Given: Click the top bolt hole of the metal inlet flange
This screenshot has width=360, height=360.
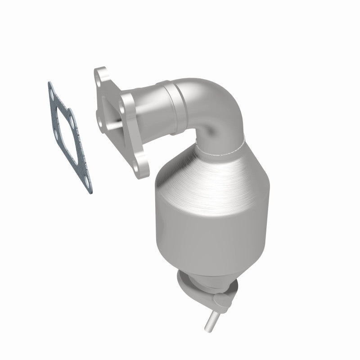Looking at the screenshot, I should pos(101,76).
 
